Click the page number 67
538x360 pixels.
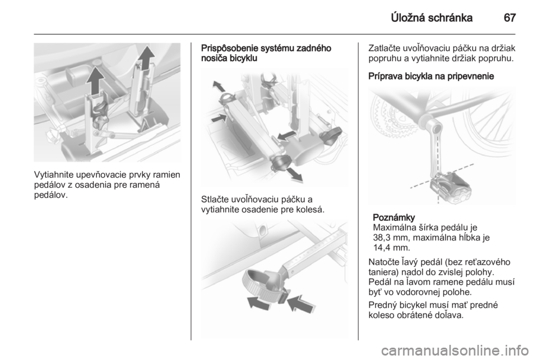(x=509, y=17)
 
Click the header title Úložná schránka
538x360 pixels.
(x=432, y=17)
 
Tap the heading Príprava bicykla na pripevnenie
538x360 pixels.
(x=431, y=76)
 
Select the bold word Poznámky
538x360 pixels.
(x=393, y=218)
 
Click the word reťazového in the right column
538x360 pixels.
(x=489, y=262)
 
